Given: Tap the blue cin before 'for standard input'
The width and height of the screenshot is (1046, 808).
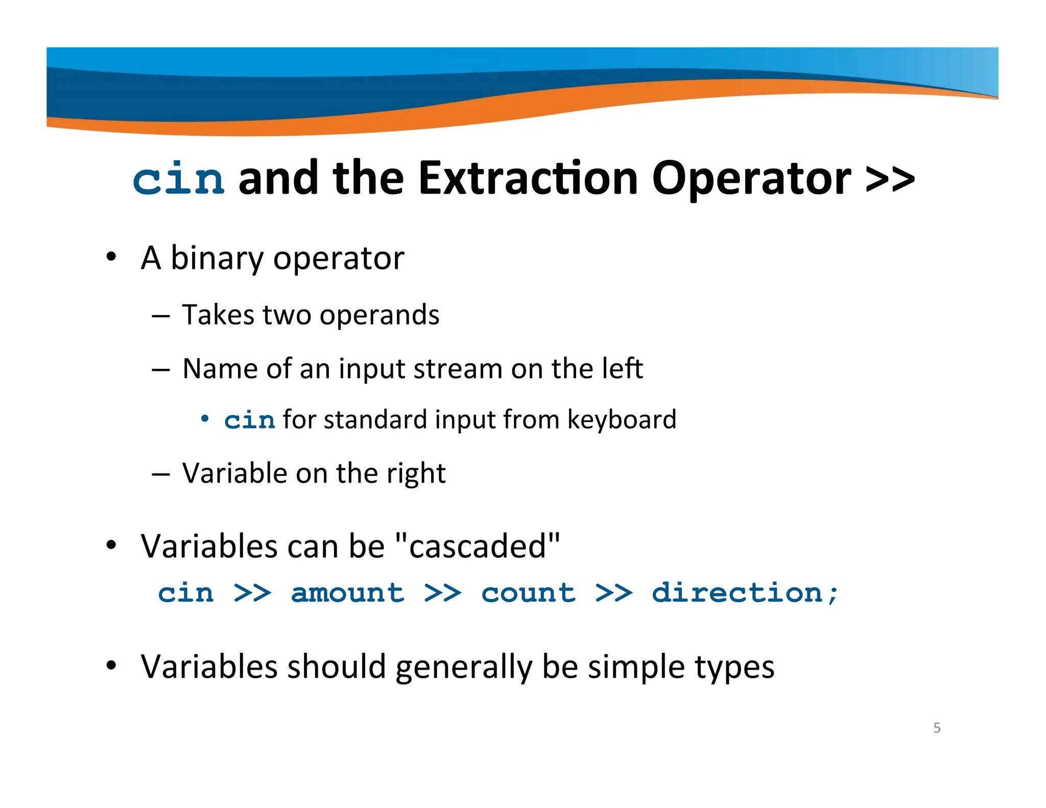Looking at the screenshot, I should tap(249, 420).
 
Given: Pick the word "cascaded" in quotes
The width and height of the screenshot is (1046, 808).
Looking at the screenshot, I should tap(478, 546).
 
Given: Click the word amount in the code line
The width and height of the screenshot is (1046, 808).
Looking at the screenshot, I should tap(347, 593).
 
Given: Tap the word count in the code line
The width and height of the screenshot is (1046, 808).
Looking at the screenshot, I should tap(528, 593).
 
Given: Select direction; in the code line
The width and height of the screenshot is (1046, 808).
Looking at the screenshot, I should tap(745, 593).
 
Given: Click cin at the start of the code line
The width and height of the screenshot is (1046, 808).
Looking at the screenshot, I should tap(185, 593).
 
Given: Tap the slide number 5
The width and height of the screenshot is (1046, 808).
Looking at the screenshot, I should tap(937, 728).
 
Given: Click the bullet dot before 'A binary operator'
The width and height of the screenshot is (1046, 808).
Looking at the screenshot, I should tap(111, 256).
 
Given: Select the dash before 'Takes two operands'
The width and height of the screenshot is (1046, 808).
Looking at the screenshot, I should tap(160, 316).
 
